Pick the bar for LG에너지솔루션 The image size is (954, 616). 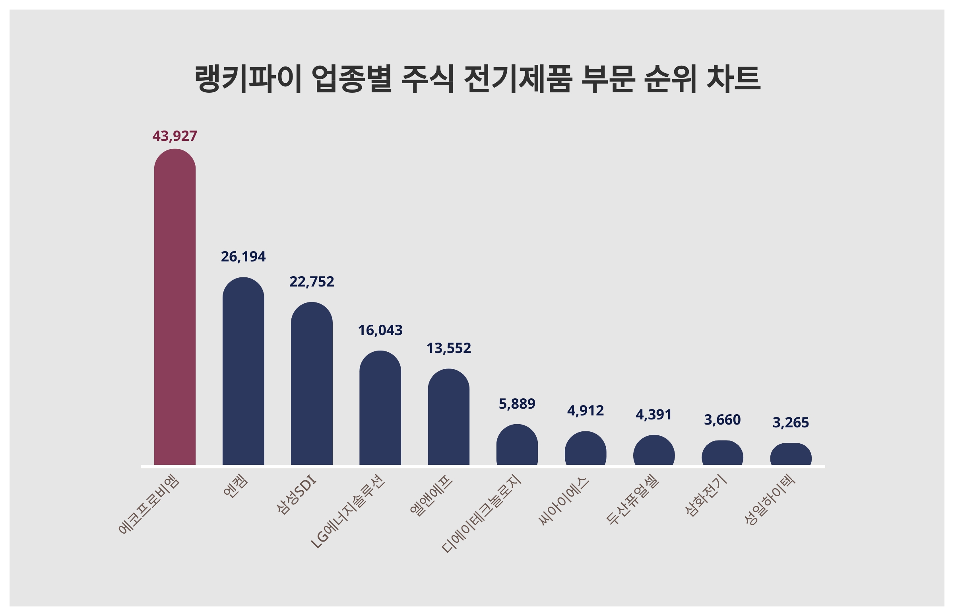pos(380,407)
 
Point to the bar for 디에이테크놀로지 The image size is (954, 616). pos(517,444)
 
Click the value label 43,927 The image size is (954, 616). pos(175,136)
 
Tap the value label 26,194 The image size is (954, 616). pos(243,256)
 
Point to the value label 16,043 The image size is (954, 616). pos(380,330)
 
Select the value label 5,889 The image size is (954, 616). pos(517,404)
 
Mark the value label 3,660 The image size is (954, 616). pos(722,419)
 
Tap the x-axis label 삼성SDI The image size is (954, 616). pos(296,494)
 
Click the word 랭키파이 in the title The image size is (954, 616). pos(248,78)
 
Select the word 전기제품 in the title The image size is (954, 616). pos(518,78)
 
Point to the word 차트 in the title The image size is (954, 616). pos(733,78)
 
